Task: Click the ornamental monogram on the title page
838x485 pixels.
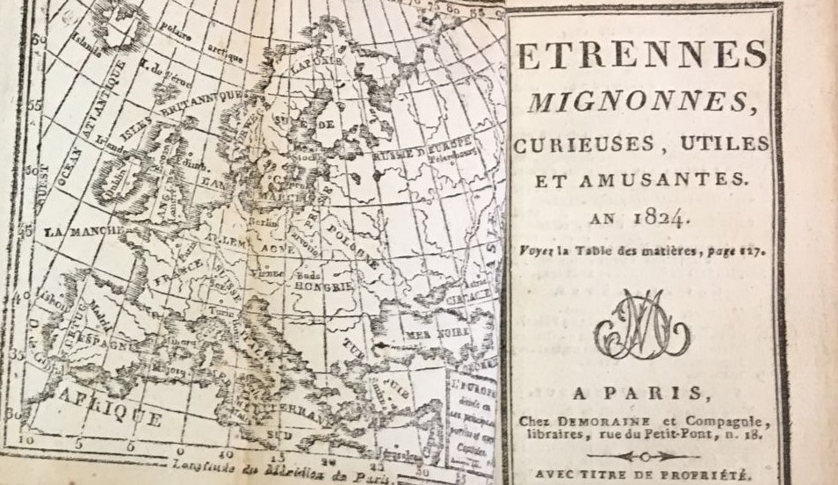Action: coord(641,324)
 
